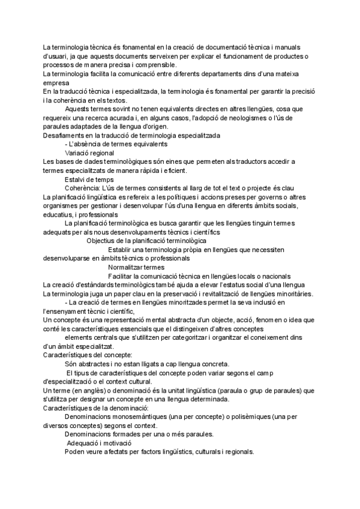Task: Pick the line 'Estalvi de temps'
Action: [89, 179]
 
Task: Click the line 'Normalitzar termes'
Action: [136, 267]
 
